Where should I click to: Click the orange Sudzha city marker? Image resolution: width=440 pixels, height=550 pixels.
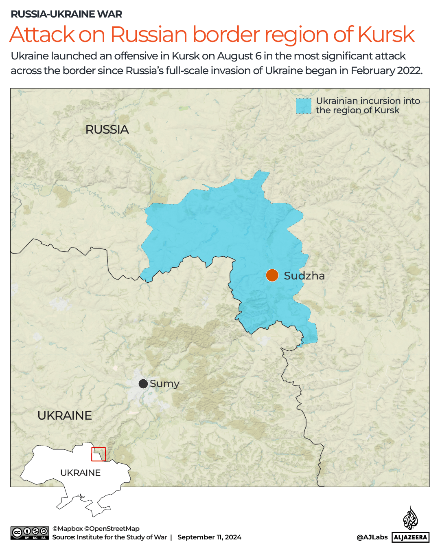[272, 275]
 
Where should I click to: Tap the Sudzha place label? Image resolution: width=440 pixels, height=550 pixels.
[304, 276]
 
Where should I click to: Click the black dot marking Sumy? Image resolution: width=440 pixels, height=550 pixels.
[143, 384]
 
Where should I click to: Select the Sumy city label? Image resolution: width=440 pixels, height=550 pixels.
[164, 384]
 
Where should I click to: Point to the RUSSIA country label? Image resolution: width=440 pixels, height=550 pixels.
[107, 130]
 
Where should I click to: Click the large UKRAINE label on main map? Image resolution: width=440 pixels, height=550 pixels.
[65, 416]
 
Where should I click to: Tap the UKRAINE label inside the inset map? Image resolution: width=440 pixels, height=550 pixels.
[80, 473]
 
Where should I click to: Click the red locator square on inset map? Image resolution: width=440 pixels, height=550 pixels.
[99, 454]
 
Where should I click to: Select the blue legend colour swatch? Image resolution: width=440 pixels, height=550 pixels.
[303, 106]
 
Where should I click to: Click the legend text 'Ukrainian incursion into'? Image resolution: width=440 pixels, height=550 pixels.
[368, 101]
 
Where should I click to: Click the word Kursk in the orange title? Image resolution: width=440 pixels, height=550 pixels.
[386, 34]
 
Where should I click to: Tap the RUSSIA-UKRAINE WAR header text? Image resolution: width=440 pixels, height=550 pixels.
[66, 14]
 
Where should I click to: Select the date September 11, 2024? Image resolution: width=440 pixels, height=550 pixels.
[209, 537]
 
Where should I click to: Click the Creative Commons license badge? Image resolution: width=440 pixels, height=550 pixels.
[30, 533]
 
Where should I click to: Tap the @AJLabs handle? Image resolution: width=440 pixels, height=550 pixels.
[372, 537]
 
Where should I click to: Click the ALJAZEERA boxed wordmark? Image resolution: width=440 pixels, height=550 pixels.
[411, 537]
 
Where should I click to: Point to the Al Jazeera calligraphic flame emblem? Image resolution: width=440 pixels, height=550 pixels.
[410, 518]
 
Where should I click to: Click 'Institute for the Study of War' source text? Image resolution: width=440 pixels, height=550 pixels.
[122, 537]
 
